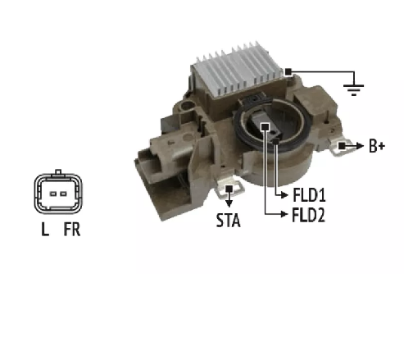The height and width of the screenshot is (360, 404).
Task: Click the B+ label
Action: pos(377,146)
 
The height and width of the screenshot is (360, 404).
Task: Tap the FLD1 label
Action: pos(309,195)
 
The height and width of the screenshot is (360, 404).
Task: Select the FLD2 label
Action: pos(309,215)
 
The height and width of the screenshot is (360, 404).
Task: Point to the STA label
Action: pos(229,221)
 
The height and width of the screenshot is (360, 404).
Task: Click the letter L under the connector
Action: pos(45,229)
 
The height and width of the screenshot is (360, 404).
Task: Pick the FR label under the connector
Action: pos(72,229)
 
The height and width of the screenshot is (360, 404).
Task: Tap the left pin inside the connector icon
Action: pos(53,194)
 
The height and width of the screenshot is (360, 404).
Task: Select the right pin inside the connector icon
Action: pos(63,194)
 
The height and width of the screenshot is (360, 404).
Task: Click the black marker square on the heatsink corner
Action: pos(288,72)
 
